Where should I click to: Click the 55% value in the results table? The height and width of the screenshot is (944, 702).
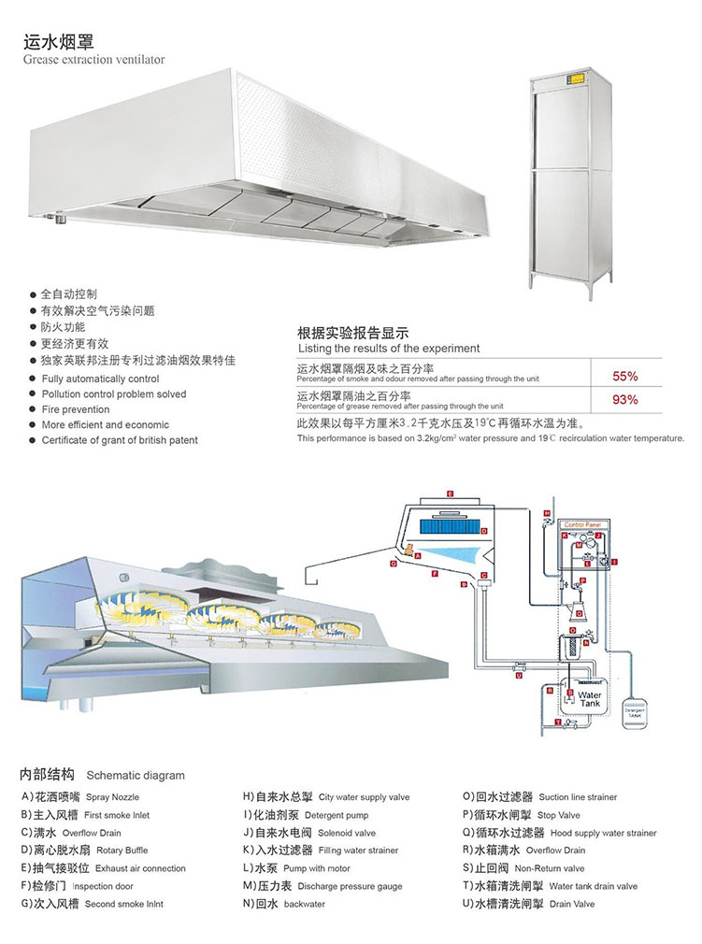click(x=624, y=377)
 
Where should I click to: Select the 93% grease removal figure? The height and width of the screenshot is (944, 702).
click(x=624, y=400)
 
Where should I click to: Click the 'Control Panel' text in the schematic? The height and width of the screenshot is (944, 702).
click(x=586, y=526)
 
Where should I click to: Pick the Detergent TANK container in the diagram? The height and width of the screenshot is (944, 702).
click(x=635, y=712)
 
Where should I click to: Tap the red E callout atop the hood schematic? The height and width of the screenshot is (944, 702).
click(x=450, y=493)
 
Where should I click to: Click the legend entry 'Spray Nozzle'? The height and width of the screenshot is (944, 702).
click(x=112, y=797)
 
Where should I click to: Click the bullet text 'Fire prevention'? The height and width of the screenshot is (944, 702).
click(x=75, y=409)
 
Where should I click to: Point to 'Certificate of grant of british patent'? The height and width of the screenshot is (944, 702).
click(x=120, y=440)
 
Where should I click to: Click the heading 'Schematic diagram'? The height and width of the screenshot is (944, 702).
click(x=136, y=775)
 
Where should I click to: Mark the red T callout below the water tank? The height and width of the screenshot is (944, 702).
click(x=557, y=723)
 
